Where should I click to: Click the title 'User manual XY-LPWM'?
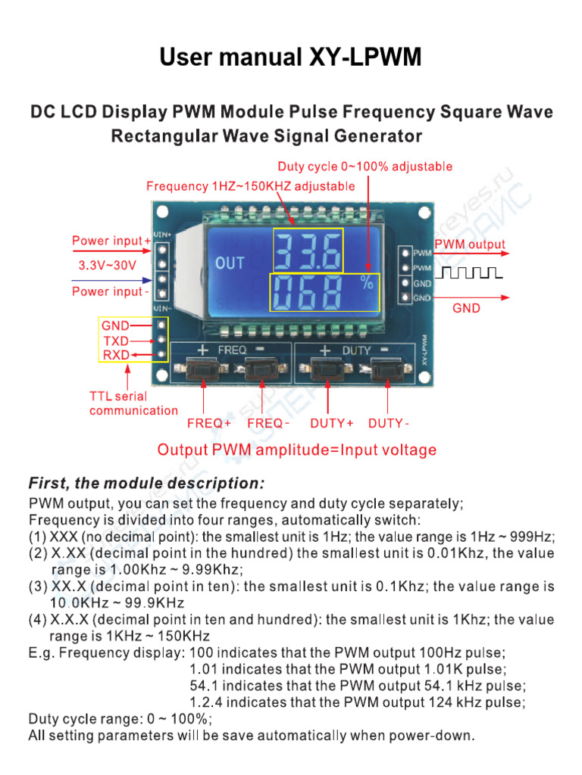(x=290, y=58)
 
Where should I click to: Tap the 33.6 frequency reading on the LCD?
(x=308, y=251)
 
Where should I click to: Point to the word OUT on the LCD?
(x=230, y=263)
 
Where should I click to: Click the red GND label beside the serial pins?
(x=116, y=325)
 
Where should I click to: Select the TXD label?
(x=116, y=340)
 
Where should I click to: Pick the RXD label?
(x=116, y=354)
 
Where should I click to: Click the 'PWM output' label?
(x=470, y=244)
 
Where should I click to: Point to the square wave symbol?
(x=470, y=270)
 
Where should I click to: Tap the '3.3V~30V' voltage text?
(x=108, y=266)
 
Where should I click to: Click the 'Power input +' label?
(x=111, y=241)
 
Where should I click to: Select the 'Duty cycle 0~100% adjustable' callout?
(x=365, y=167)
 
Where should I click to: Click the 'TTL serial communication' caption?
(x=133, y=403)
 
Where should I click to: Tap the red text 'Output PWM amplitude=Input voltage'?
(x=296, y=450)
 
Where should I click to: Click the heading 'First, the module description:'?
(x=146, y=483)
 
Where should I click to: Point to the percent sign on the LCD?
(x=368, y=285)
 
